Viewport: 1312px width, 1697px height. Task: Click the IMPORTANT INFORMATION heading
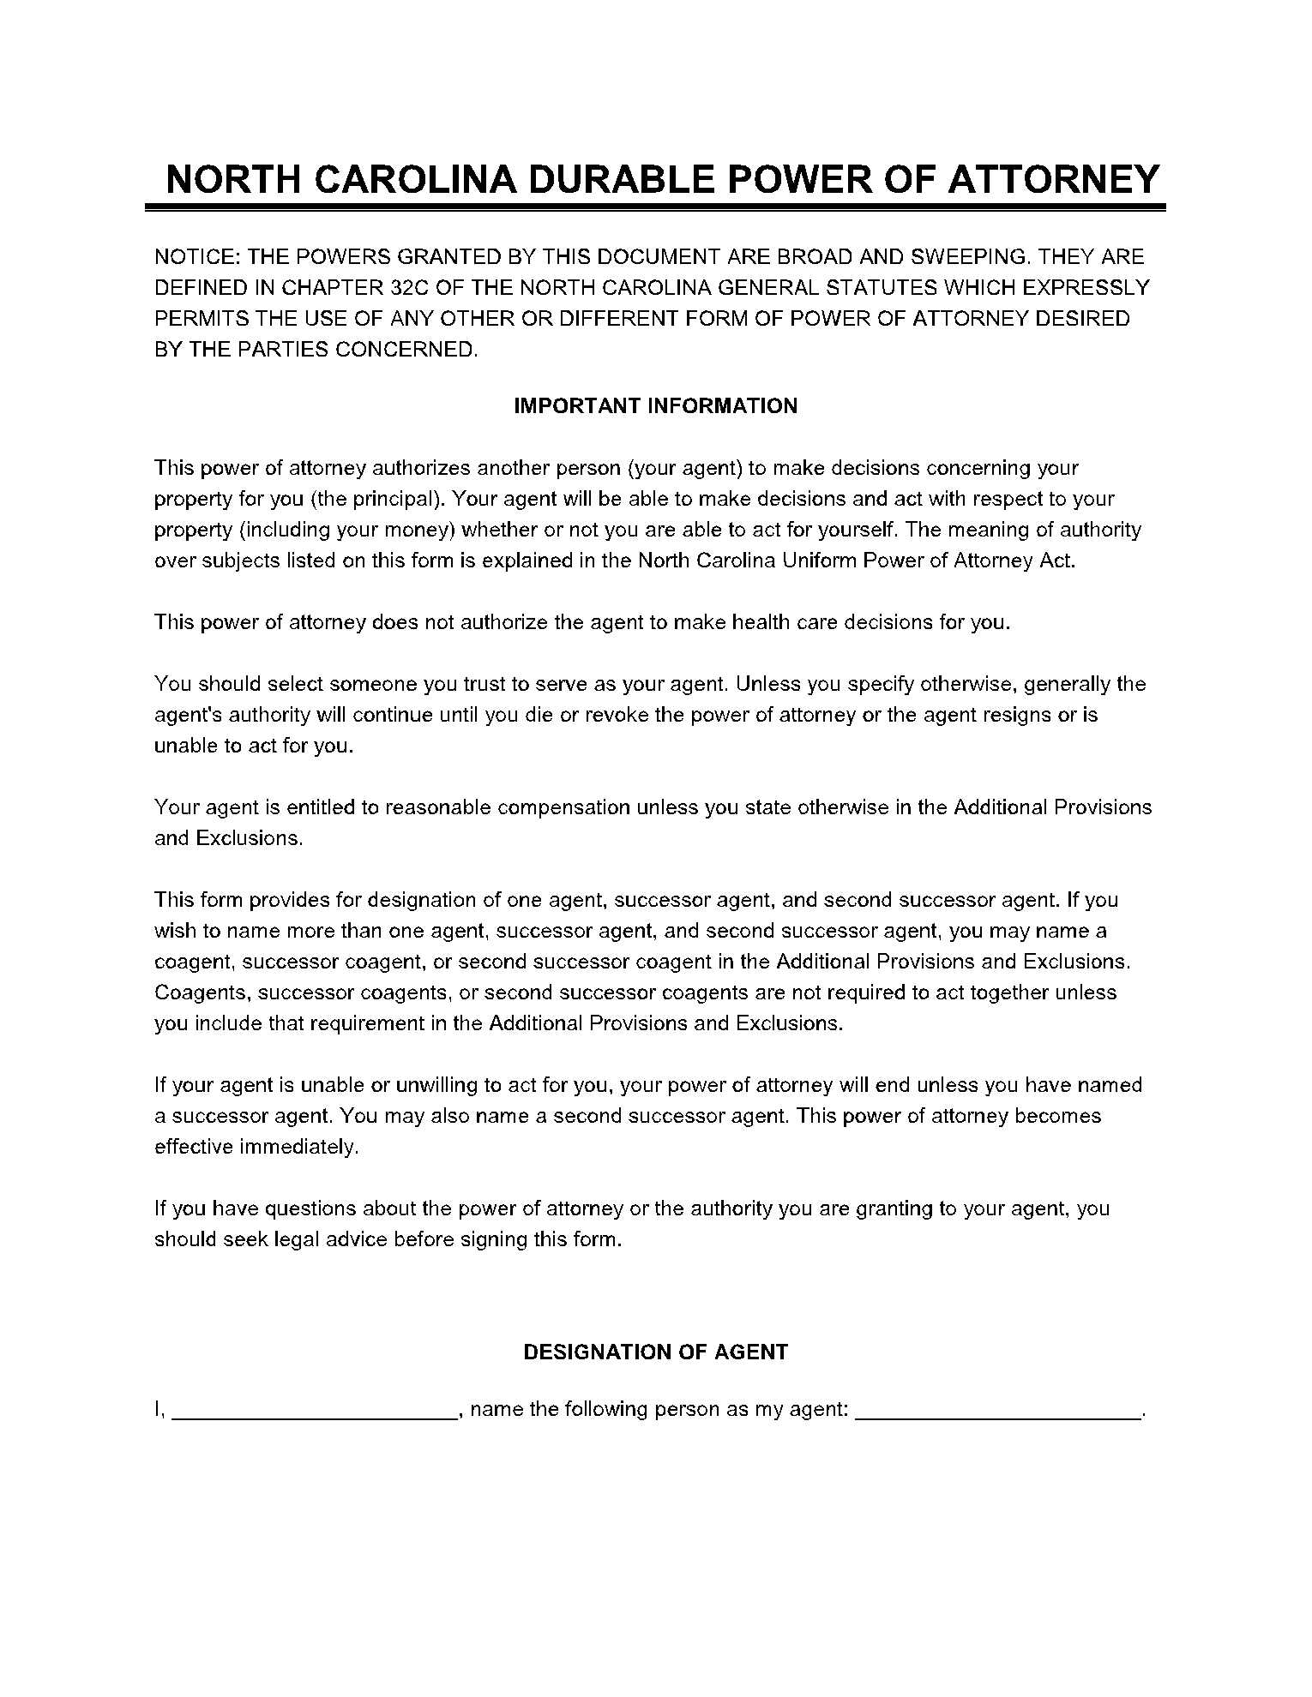(655, 406)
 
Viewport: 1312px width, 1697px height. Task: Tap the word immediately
(298, 1147)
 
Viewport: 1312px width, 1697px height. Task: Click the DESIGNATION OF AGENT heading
(655, 1352)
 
